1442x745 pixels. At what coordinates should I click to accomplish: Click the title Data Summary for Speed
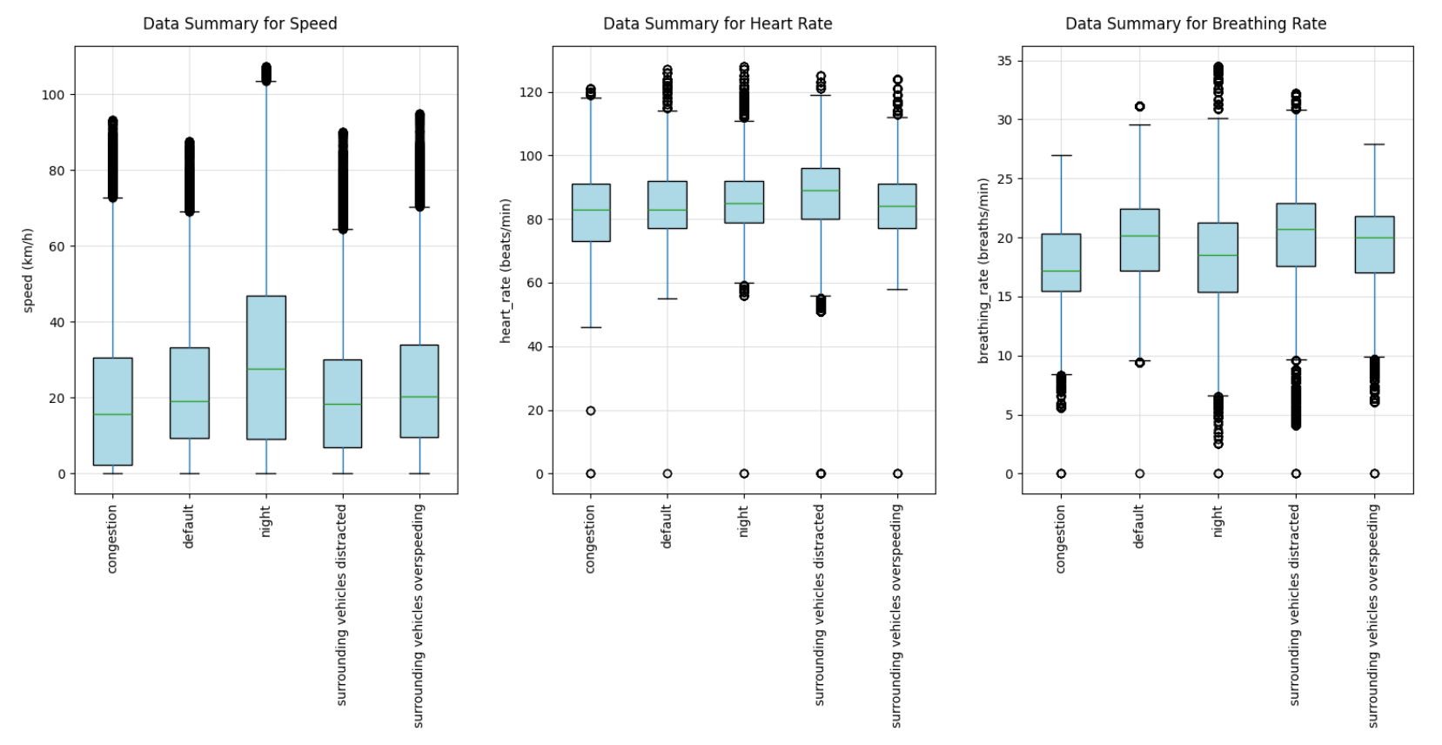tap(239, 23)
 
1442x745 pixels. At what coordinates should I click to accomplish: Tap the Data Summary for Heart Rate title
tap(717, 23)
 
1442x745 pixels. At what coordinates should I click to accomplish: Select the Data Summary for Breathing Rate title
tap(1195, 23)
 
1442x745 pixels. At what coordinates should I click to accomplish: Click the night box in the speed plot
tap(266, 367)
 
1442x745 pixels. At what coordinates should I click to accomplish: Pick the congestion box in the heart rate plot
tap(591, 212)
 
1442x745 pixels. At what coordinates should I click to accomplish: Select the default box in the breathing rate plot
tap(1139, 239)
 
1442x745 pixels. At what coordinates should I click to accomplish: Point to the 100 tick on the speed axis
tap(53, 95)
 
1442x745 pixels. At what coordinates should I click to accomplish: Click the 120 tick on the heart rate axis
tap(531, 92)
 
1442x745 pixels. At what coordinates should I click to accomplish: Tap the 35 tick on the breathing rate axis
tap(1004, 61)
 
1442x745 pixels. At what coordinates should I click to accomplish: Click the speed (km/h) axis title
tap(28, 270)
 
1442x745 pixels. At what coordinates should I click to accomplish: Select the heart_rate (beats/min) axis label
tap(505, 270)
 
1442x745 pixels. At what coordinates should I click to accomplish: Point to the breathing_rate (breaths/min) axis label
tap(983, 270)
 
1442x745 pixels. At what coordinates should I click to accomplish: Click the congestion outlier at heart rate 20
tap(591, 411)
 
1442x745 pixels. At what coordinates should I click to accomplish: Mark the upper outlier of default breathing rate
tap(1139, 107)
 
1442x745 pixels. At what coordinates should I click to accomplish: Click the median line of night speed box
tap(266, 369)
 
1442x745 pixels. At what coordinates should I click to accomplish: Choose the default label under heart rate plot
tap(667, 526)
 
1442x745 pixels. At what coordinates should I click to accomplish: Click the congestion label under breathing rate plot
tap(1060, 539)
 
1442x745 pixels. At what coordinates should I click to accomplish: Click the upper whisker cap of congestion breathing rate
tap(1061, 156)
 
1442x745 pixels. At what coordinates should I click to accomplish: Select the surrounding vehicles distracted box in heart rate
tap(820, 193)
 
